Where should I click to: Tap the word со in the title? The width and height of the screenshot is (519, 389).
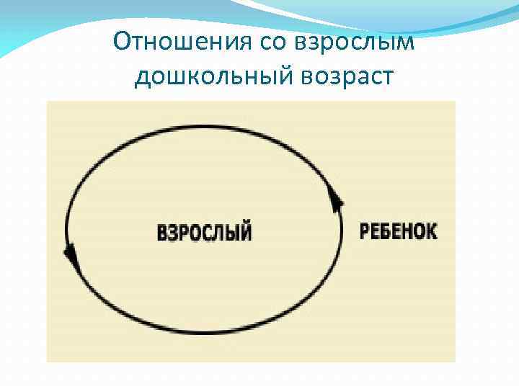(x=266, y=41)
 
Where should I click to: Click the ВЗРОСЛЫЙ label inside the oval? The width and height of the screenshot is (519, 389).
(x=204, y=232)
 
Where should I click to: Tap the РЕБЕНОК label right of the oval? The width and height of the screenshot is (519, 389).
(x=398, y=231)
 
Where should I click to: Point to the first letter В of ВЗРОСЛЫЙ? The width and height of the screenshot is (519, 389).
(x=162, y=233)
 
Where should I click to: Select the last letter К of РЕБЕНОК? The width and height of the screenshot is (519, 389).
(x=432, y=231)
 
